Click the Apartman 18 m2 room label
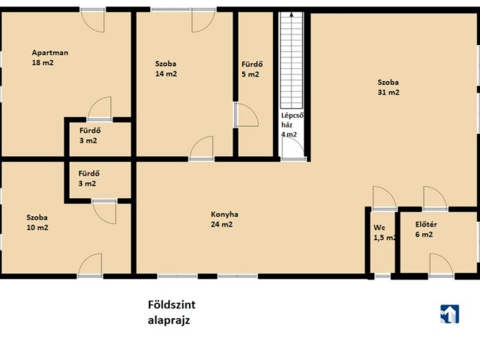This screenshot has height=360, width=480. [50, 58]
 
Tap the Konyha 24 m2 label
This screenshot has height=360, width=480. [224, 219]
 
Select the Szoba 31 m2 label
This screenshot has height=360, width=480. [388, 87]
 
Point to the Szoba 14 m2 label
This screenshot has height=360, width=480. [166, 68]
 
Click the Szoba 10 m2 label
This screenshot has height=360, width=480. [37, 222]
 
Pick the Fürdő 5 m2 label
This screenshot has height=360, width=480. [252, 69]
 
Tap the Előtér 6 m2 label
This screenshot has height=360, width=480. [426, 229]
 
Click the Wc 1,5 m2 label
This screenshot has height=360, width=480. [385, 232]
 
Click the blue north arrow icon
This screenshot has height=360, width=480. [450, 314]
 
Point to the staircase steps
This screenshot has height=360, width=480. [292, 60]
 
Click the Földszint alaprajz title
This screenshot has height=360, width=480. [172, 312]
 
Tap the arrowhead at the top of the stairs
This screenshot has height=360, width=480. [292, 14]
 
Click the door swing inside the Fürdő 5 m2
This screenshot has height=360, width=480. [247, 115]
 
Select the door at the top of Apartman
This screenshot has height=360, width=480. [92, 20]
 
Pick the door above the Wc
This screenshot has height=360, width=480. [385, 198]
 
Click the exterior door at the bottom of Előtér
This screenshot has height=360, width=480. [441, 265]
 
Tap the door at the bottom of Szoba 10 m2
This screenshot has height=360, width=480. [90, 265]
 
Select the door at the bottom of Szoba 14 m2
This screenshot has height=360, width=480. [202, 148]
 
